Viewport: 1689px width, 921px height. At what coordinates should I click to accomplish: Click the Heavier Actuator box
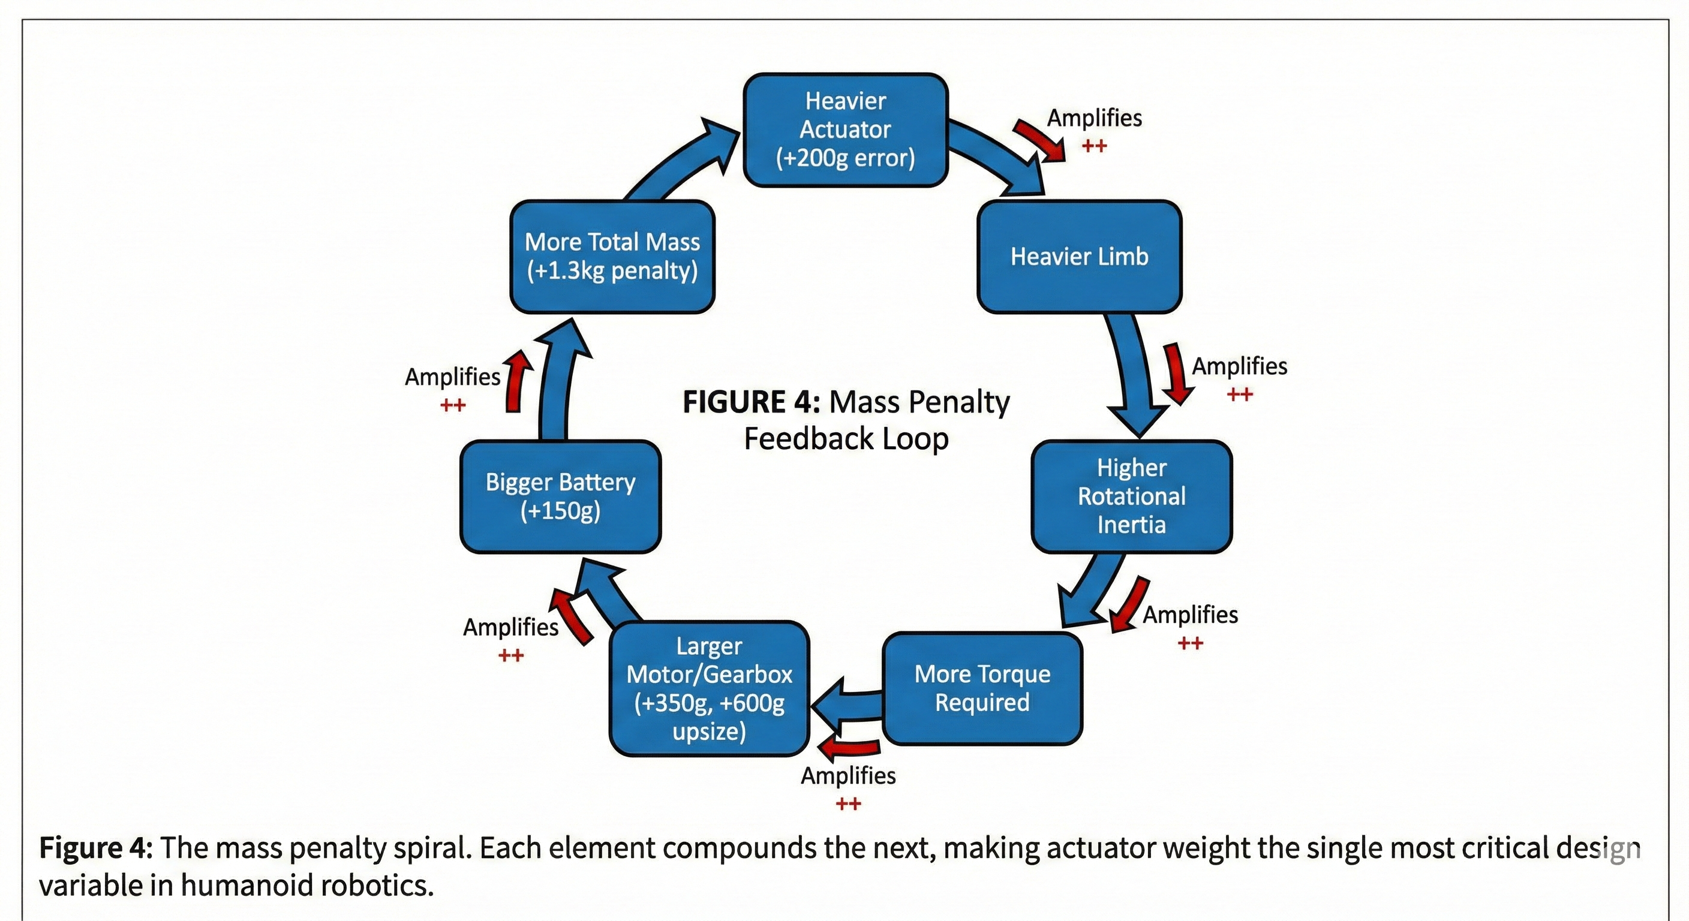click(x=845, y=130)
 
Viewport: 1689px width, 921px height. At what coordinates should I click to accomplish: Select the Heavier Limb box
click(x=1079, y=256)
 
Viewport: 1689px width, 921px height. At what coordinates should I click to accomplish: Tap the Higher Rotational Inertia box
click(x=1132, y=496)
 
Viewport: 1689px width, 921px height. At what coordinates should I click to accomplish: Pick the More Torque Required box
click(x=982, y=688)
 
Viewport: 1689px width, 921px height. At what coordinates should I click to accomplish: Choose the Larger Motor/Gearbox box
click(x=710, y=688)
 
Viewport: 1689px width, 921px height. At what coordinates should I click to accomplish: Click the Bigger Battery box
click(x=561, y=496)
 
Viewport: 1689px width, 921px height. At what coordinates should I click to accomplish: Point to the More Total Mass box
click(x=612, y=256)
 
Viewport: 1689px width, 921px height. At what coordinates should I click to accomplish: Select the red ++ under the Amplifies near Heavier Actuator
click(x=1094, y=146)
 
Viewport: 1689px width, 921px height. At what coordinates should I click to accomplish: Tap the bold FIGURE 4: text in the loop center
click(x=752, y=402)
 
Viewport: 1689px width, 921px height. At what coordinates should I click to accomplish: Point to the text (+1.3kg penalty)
click(x=612, y=271)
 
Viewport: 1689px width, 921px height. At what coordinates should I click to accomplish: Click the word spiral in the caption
click(x=432, y=849)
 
